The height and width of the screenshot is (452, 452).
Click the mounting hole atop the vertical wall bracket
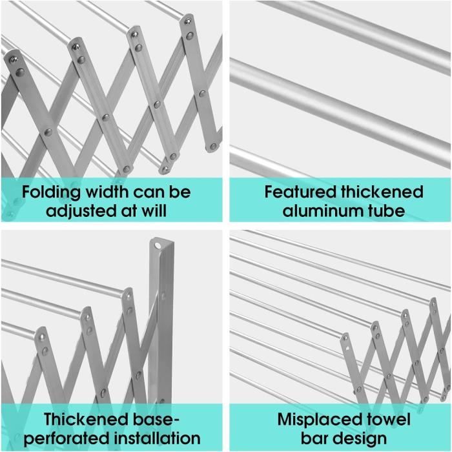(x=158, y=246)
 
